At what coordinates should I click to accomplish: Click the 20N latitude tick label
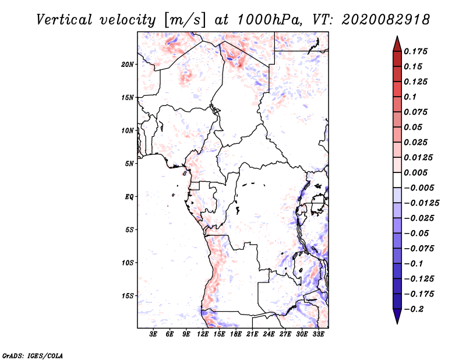pos(128,64)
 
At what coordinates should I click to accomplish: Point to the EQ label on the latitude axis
pos(129,197)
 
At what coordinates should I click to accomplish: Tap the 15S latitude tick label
pos(128,296)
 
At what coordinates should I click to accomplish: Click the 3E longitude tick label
pos(154,334)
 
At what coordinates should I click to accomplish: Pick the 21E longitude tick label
pos(252,334)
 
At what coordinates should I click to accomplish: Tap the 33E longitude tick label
pos(318,334)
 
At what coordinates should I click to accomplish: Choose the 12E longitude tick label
pos(203,334)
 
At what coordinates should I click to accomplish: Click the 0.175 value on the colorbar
pos(417,51)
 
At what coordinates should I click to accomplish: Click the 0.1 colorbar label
pos(411,97)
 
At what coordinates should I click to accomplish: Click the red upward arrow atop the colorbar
pos(397,43)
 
